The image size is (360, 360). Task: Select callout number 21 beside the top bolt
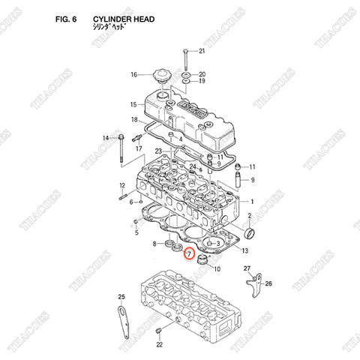(x=200, y=50)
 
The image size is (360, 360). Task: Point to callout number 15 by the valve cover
(x=133, y=104)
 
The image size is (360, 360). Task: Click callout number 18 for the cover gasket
(x=133, y=119)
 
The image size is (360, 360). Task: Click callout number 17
(x=139, y=148)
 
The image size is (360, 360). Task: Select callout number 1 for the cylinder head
(x=253, y=202)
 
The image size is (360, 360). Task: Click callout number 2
(x=253, y=215)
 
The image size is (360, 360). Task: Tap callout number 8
(x=154, y=244)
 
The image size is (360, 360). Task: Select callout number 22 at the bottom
(x=158, y=345)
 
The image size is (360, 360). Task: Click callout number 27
(x=247, y=268)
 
